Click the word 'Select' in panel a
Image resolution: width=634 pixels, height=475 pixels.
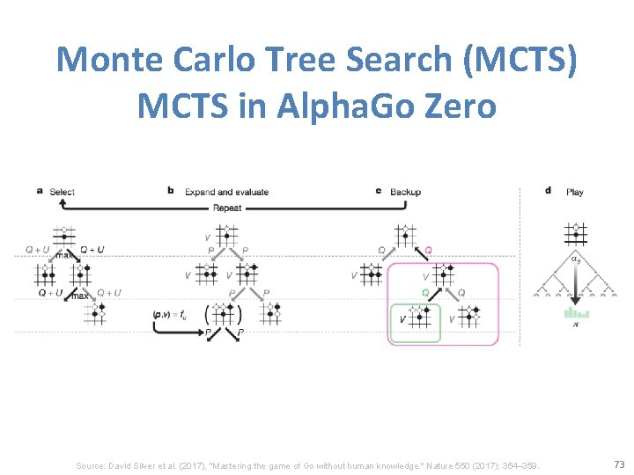tap(62, 192)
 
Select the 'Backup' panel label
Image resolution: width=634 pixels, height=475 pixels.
tap(405, 192)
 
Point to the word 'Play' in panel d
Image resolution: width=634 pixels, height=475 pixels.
tap(574, 192)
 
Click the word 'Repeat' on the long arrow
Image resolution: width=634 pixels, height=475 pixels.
tap(227, 208)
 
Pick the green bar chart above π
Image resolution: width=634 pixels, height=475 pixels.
tap(577, 313)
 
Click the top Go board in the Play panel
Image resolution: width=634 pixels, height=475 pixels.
tap(575, 233)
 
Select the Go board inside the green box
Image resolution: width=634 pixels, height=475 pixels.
tap(419, 316)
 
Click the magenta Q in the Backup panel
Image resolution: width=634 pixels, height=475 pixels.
tap(429, 250)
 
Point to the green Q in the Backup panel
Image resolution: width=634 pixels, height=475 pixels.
tap(424, 292)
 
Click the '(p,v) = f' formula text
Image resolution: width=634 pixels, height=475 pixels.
tap(168, 314)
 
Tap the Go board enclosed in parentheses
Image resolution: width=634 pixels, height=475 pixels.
tap(224, 314)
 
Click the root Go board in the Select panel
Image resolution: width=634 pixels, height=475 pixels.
tap(63, 236)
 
